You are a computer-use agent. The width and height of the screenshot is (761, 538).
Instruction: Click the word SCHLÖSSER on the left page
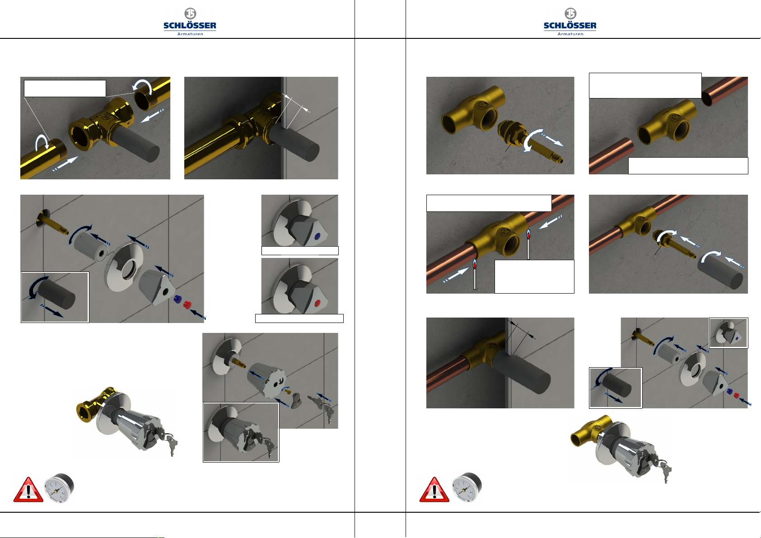tap(190, 25)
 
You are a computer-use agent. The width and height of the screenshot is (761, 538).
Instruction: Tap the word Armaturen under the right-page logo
tap(570, 33)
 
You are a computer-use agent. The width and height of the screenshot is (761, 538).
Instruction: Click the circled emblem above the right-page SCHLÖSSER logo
tap(570, 13)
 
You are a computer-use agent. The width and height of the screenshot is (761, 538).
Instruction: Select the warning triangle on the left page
tap(28, 489)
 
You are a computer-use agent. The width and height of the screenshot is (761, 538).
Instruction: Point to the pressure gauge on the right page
tap(467, 487)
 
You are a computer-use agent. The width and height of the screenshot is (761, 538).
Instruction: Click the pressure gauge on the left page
tap(60, 488)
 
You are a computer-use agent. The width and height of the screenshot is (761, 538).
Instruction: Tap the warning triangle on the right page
tap(434, 489)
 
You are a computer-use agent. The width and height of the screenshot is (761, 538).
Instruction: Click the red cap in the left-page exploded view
tap(187, 304)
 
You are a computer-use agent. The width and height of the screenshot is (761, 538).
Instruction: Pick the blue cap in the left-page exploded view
tap(177, 299)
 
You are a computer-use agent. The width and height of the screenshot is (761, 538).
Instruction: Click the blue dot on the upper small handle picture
tap(317, 236)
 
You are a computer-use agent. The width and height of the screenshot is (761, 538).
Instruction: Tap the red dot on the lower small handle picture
tap(317, 303)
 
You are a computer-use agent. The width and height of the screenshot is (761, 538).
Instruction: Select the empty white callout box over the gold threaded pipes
tap(65, 89)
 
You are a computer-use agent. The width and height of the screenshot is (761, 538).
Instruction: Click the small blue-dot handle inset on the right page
tap(728, 333)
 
